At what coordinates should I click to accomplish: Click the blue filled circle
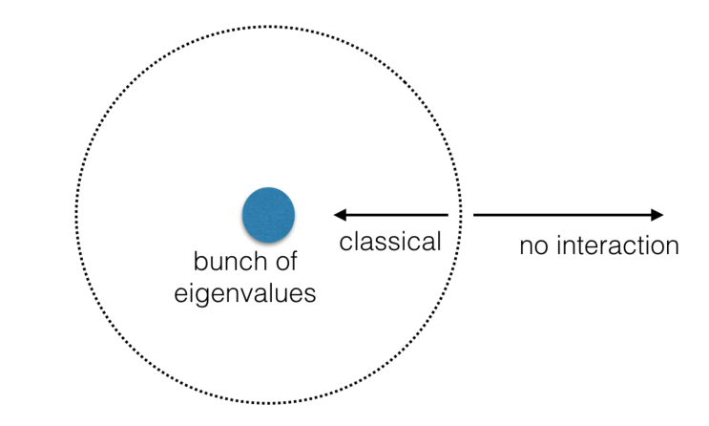point(268,214)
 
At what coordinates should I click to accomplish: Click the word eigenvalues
point(244,292)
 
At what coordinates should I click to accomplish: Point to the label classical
point(390,242)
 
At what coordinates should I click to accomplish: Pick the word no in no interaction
point(532,246)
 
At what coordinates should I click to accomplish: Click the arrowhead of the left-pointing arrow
point(337,215)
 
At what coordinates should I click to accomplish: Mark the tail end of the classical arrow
point(447,215)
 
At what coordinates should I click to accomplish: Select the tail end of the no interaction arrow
point(475,215)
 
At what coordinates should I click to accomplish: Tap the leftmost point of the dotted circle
point(76,216)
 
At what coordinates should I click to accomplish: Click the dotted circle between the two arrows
point(461,215)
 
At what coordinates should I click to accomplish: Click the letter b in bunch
point(200,261)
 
